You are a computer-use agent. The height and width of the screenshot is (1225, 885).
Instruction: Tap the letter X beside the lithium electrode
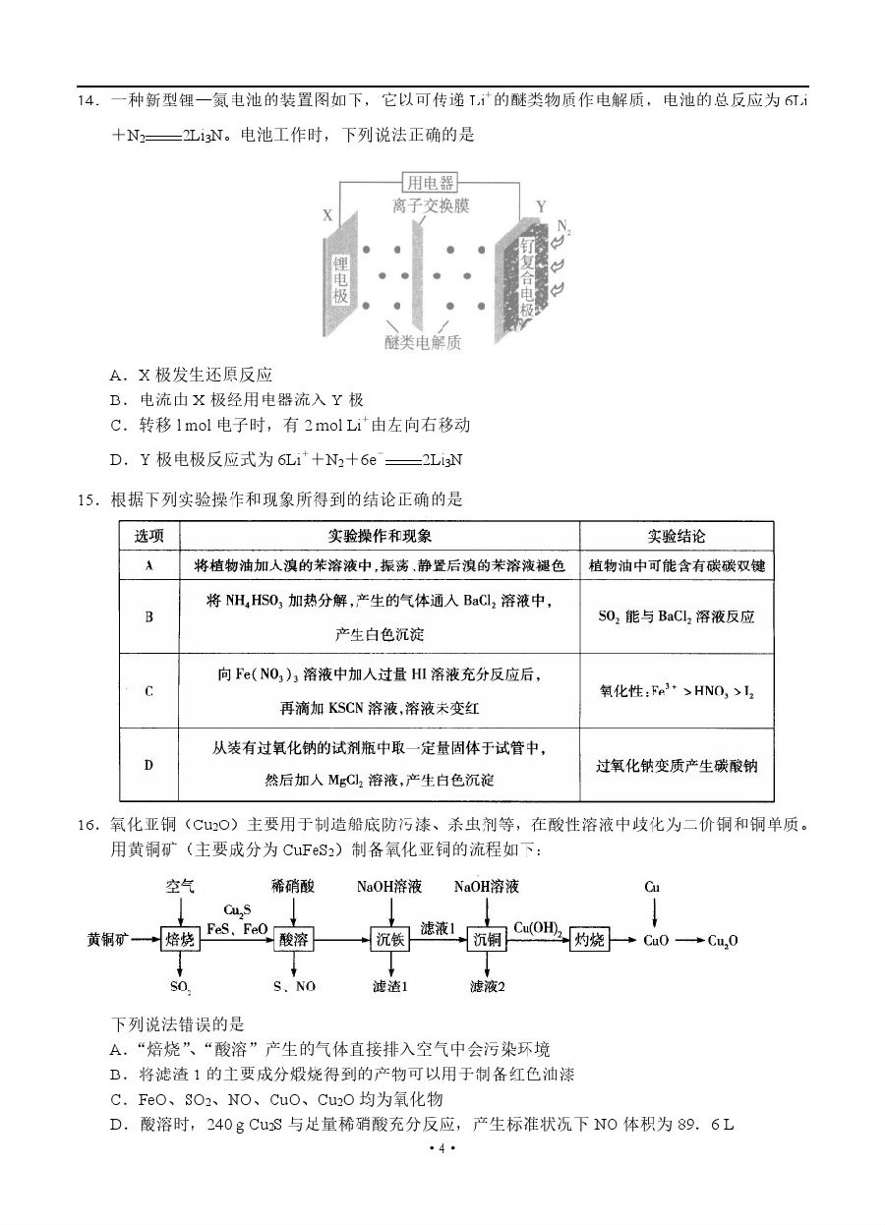[x=327, y=215]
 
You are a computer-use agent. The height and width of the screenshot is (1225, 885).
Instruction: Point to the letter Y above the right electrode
[x=540, y=206]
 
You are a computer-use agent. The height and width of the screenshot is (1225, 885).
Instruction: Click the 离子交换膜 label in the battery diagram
[x=430, y=206]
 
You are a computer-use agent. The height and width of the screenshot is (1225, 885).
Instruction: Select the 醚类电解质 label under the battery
[x=423, y=342]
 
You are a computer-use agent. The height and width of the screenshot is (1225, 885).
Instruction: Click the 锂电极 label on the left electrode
[x=341, y=281]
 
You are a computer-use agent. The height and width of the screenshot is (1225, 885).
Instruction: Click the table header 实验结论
[x=676, y=536]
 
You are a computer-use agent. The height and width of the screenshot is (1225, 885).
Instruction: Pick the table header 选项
[x=148, y=536]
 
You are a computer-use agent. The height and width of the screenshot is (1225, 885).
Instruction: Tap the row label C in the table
[x=148, y=691]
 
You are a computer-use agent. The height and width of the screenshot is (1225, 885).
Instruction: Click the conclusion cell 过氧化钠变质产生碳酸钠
[x=677, y=766]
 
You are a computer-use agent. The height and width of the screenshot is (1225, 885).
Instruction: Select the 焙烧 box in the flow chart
[x=181, y=940]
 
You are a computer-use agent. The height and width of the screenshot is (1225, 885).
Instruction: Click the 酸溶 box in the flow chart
[x=294, y=940]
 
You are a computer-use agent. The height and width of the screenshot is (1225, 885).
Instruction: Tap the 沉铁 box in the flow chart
[x=390, y=940]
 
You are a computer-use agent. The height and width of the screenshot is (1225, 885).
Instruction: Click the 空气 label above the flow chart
[x=181, y=887]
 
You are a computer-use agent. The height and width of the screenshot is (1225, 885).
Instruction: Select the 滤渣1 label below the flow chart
[x=390, y=986]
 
